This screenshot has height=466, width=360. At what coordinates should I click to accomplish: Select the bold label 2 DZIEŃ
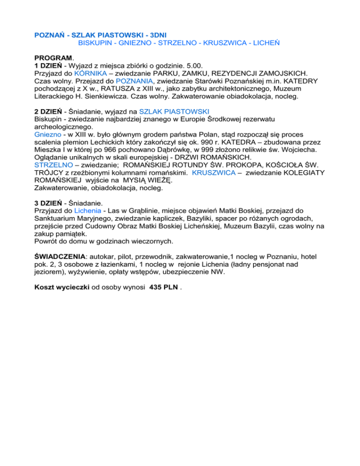point(51,113)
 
